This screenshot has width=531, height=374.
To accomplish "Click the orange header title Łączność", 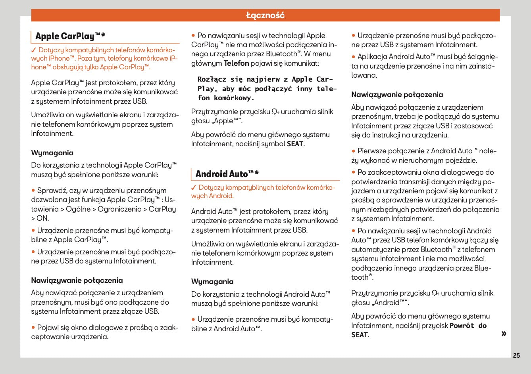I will coord(265,15).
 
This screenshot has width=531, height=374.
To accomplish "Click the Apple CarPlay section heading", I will coord(70,36).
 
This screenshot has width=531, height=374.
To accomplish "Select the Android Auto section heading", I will coord(227,174).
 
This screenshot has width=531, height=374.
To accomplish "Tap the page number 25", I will coord(516,355).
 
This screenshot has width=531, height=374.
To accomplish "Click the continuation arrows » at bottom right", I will coord(504,333).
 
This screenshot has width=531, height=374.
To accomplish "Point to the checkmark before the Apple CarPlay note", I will coord(34,50).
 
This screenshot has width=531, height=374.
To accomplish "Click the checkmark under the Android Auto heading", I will coord(194,187).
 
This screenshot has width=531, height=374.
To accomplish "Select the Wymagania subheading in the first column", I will coord(52,153).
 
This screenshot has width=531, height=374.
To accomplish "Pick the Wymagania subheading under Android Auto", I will coord(212,282).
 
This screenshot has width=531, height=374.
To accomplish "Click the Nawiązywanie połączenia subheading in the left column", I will coord(77,280).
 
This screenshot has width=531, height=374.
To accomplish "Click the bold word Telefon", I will coord(236,63).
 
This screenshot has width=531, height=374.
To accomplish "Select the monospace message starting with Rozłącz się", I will coord(267,89).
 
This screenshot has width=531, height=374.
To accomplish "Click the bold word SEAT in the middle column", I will coord(295,144).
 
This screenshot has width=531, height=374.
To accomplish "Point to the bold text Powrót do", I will coord(468,326).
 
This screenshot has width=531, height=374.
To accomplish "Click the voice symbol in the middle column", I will coord(275,112).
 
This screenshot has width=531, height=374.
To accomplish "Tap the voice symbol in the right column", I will coord(435,294).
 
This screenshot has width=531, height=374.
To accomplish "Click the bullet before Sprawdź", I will coord(33,191).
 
